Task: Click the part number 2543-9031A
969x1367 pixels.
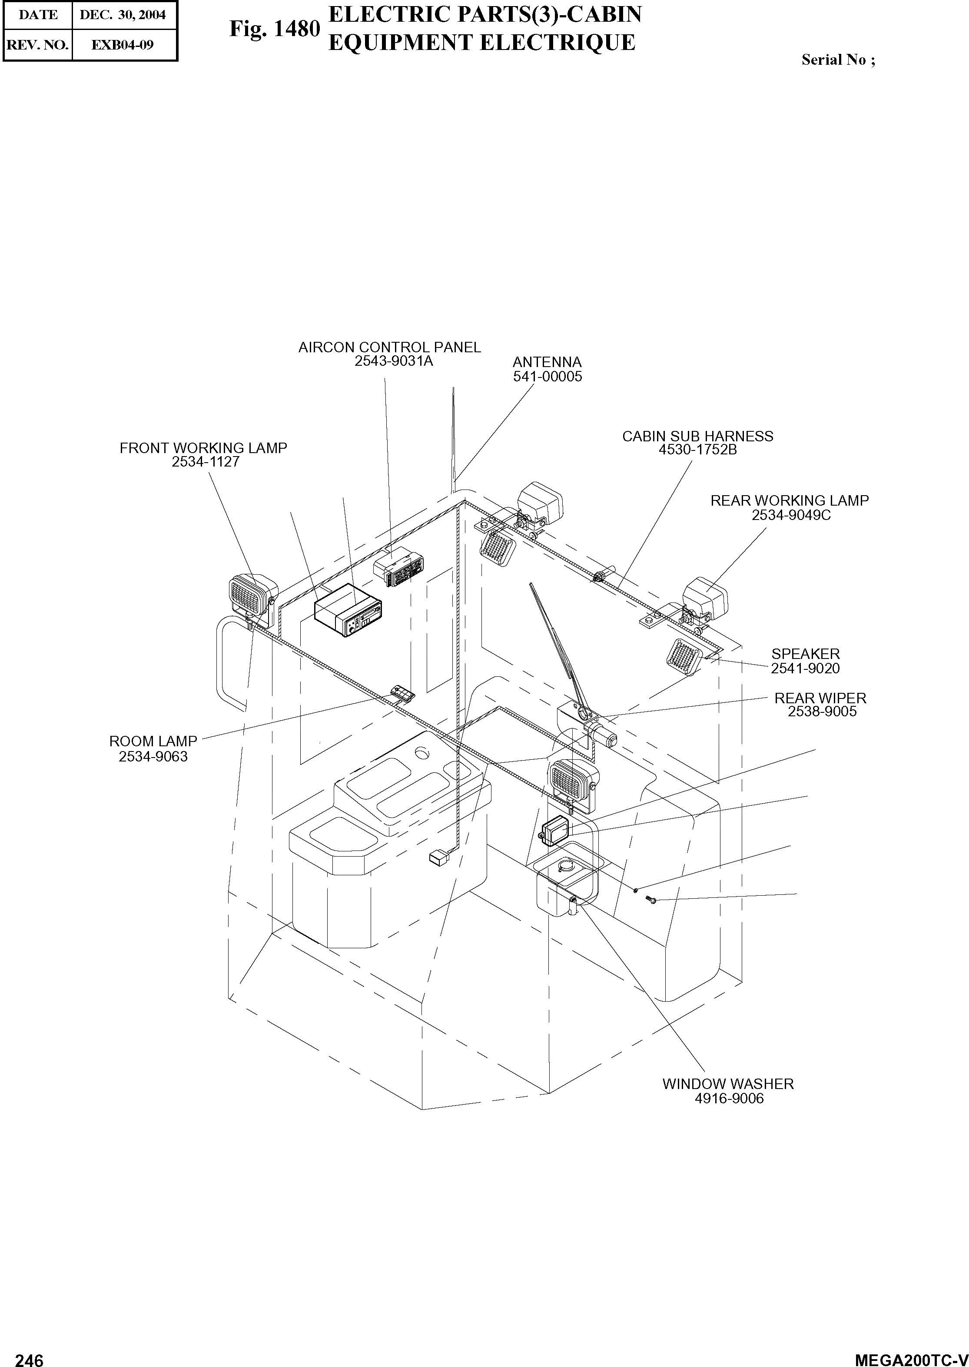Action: [393, 361]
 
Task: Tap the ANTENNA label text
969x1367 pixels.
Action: [547, 362]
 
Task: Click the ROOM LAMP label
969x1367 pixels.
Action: [153, 741]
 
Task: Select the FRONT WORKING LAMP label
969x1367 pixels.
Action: [203, 448]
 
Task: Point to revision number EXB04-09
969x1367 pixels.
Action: [123, 45]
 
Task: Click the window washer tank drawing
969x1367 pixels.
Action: [566, 884]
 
